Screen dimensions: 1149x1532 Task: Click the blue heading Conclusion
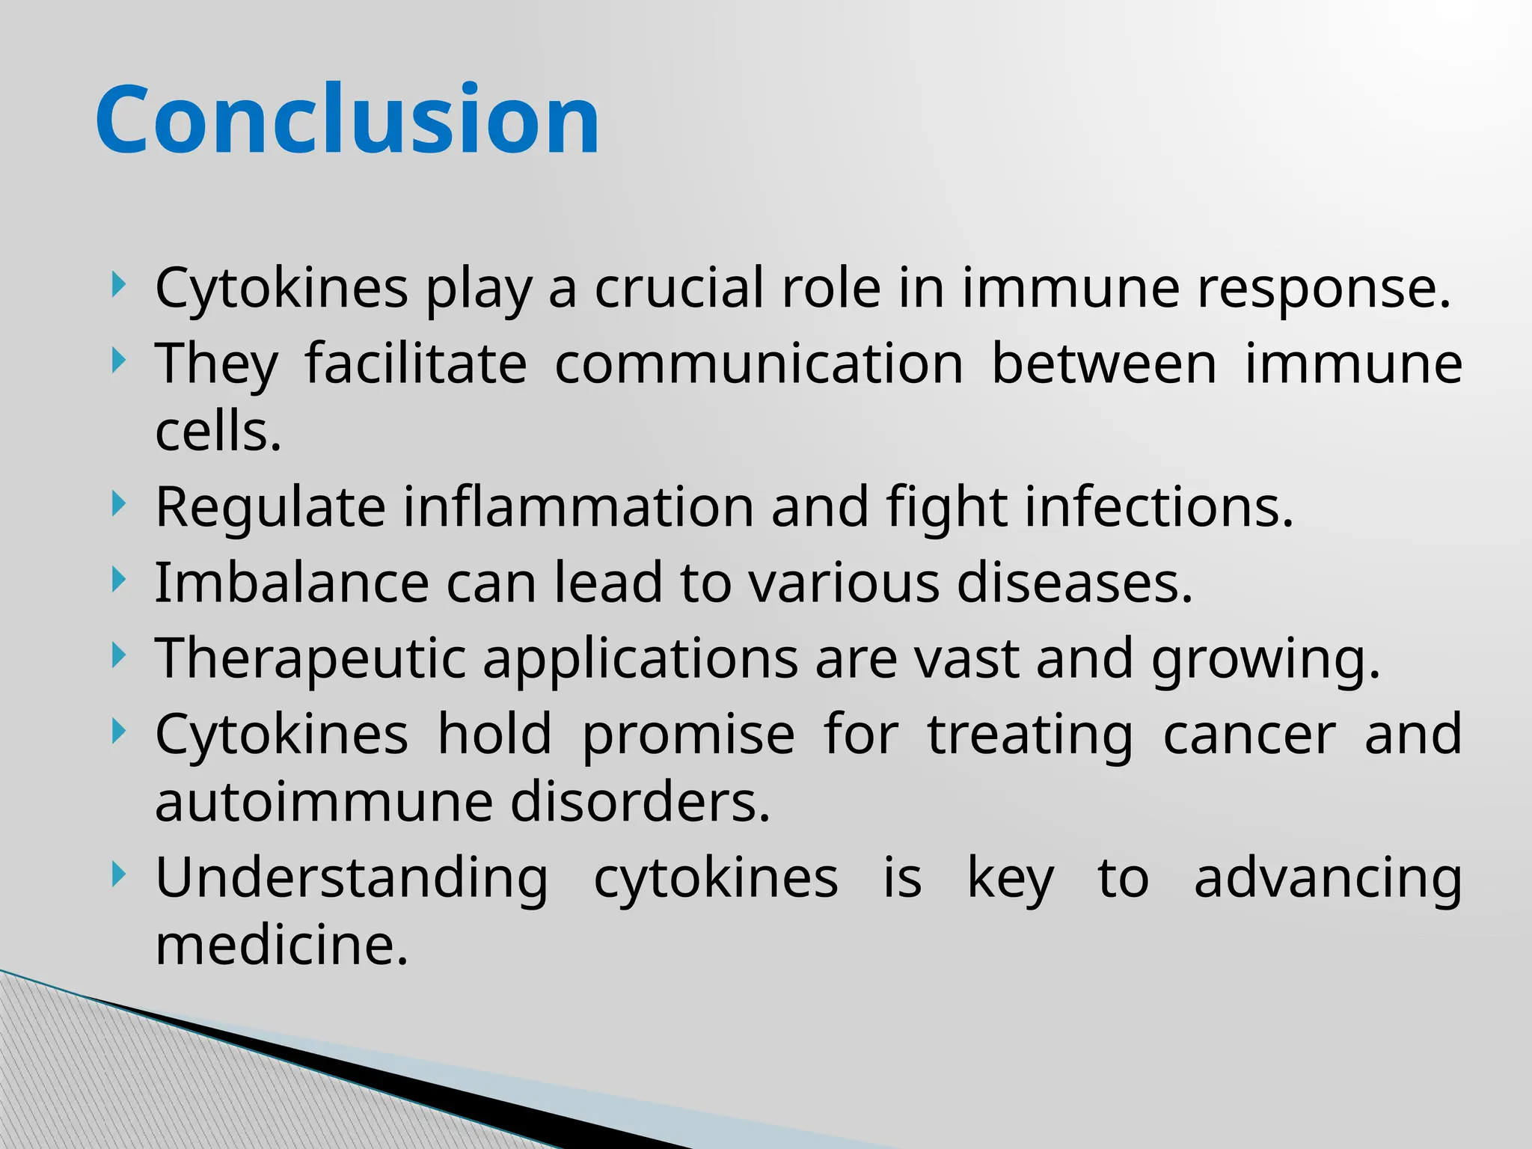click(347, 120)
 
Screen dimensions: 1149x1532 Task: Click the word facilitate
click(416, 364)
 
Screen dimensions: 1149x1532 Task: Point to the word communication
click(759, 364)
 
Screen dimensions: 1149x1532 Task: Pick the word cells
click(218, 432)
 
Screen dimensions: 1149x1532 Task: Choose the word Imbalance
click(292, 583)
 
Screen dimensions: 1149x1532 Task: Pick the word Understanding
click(352, 880)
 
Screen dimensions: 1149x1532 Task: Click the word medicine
click(281, 946)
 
